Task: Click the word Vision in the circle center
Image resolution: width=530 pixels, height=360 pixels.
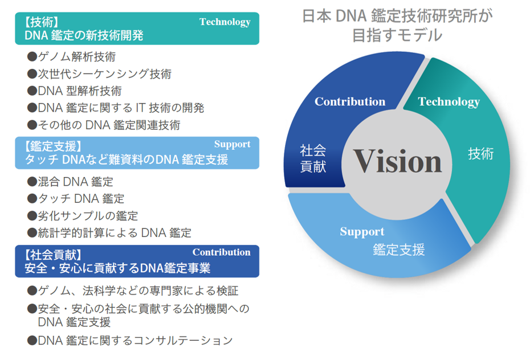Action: coord(398,161)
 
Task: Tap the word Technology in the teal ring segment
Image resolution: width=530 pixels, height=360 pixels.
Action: coord(449,102)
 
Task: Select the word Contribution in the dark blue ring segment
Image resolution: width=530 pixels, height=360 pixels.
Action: coord(350,101)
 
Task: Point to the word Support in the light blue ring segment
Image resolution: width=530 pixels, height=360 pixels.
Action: coord(362,232)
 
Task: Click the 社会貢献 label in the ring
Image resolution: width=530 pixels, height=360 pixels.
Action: coord(313,158)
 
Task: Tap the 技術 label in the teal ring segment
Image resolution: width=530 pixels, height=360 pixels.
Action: coord(480,154)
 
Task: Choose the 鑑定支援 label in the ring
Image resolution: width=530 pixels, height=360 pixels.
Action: coord(398,250)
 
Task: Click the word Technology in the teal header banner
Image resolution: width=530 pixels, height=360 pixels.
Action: coord(225,22)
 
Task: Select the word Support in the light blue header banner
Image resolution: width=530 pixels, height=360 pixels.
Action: coord(232,144)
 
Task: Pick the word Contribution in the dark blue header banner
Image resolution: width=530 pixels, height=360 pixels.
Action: coord(221,252)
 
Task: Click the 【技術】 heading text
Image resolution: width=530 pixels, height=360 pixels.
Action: coord(42,22)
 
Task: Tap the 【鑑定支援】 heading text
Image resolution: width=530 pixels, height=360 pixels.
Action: coord(54,146)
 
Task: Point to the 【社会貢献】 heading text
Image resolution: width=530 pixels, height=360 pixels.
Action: coord(54,255)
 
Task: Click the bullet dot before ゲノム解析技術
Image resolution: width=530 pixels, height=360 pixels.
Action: coord(32,56)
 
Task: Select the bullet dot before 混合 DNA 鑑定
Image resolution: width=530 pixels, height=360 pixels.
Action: coord(32,182)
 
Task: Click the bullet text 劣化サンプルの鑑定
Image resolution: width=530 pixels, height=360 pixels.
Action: coord(88,216)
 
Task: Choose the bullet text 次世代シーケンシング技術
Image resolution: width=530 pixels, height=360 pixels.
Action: coord(105,74)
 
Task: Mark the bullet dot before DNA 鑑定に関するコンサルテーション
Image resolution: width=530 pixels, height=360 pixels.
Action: coord(32,341)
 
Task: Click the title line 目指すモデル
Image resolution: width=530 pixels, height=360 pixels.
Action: coord(397,35)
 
